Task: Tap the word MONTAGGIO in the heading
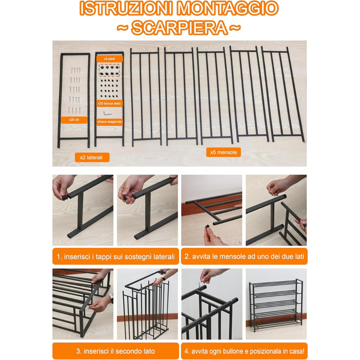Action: coord(228,8)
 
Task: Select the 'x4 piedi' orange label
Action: coord(110,59)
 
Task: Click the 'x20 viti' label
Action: coord(74,120)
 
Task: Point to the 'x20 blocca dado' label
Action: coord(110,103)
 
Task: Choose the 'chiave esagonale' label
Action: coord(110,122)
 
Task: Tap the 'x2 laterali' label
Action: coord(92,157)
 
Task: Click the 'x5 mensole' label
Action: coord(223,152)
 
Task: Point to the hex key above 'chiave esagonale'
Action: coord(107,113)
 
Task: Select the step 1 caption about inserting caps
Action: coord(115,256)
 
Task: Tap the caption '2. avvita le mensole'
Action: coord(244,256)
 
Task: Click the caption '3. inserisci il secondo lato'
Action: coord(115,351)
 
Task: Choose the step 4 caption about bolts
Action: coord(244,351)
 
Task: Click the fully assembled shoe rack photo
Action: coord(276,304)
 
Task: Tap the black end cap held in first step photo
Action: coord(65,197)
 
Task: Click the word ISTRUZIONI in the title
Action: coord(126,8)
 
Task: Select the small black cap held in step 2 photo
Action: coord(208,226)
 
